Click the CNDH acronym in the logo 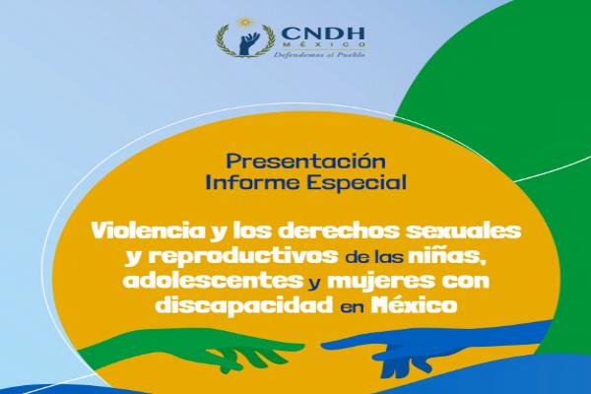pos(323,33)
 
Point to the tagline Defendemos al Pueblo pos(319,55)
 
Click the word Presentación pos(305,162)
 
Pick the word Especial pos(357,183)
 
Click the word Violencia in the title pos(147,230)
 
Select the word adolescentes pos(213,281)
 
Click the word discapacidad pos(244,305)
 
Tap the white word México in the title pos(415,305)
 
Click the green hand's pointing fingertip pos(301,346)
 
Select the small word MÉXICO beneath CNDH pos(322,44)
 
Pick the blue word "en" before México pos(352,307)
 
